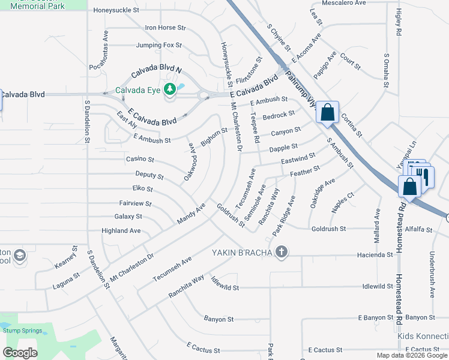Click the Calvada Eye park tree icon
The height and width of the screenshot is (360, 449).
[x=170, y=89]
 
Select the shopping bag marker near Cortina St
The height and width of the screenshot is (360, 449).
[x=327, y=112]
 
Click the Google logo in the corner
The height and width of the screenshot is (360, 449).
[x=20, y=352]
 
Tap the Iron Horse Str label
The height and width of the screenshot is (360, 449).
[x=166, y=28]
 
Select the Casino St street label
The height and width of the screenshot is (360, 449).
[x=140, y=160]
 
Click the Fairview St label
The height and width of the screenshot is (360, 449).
[x=135, y=203]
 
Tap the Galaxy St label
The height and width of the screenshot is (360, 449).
[x=128, y=217]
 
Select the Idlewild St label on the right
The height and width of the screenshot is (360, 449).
[x=378, y=287]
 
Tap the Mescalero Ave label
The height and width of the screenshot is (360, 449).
[x=344, y=3]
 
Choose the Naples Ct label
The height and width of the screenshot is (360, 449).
[x=343, y=202]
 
